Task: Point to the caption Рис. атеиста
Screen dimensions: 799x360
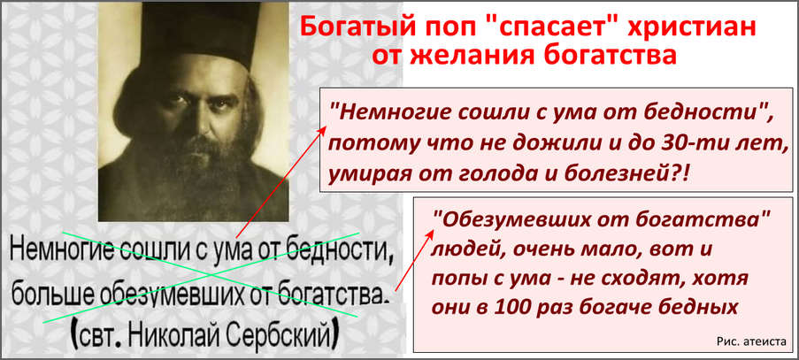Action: pos(751,341)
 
